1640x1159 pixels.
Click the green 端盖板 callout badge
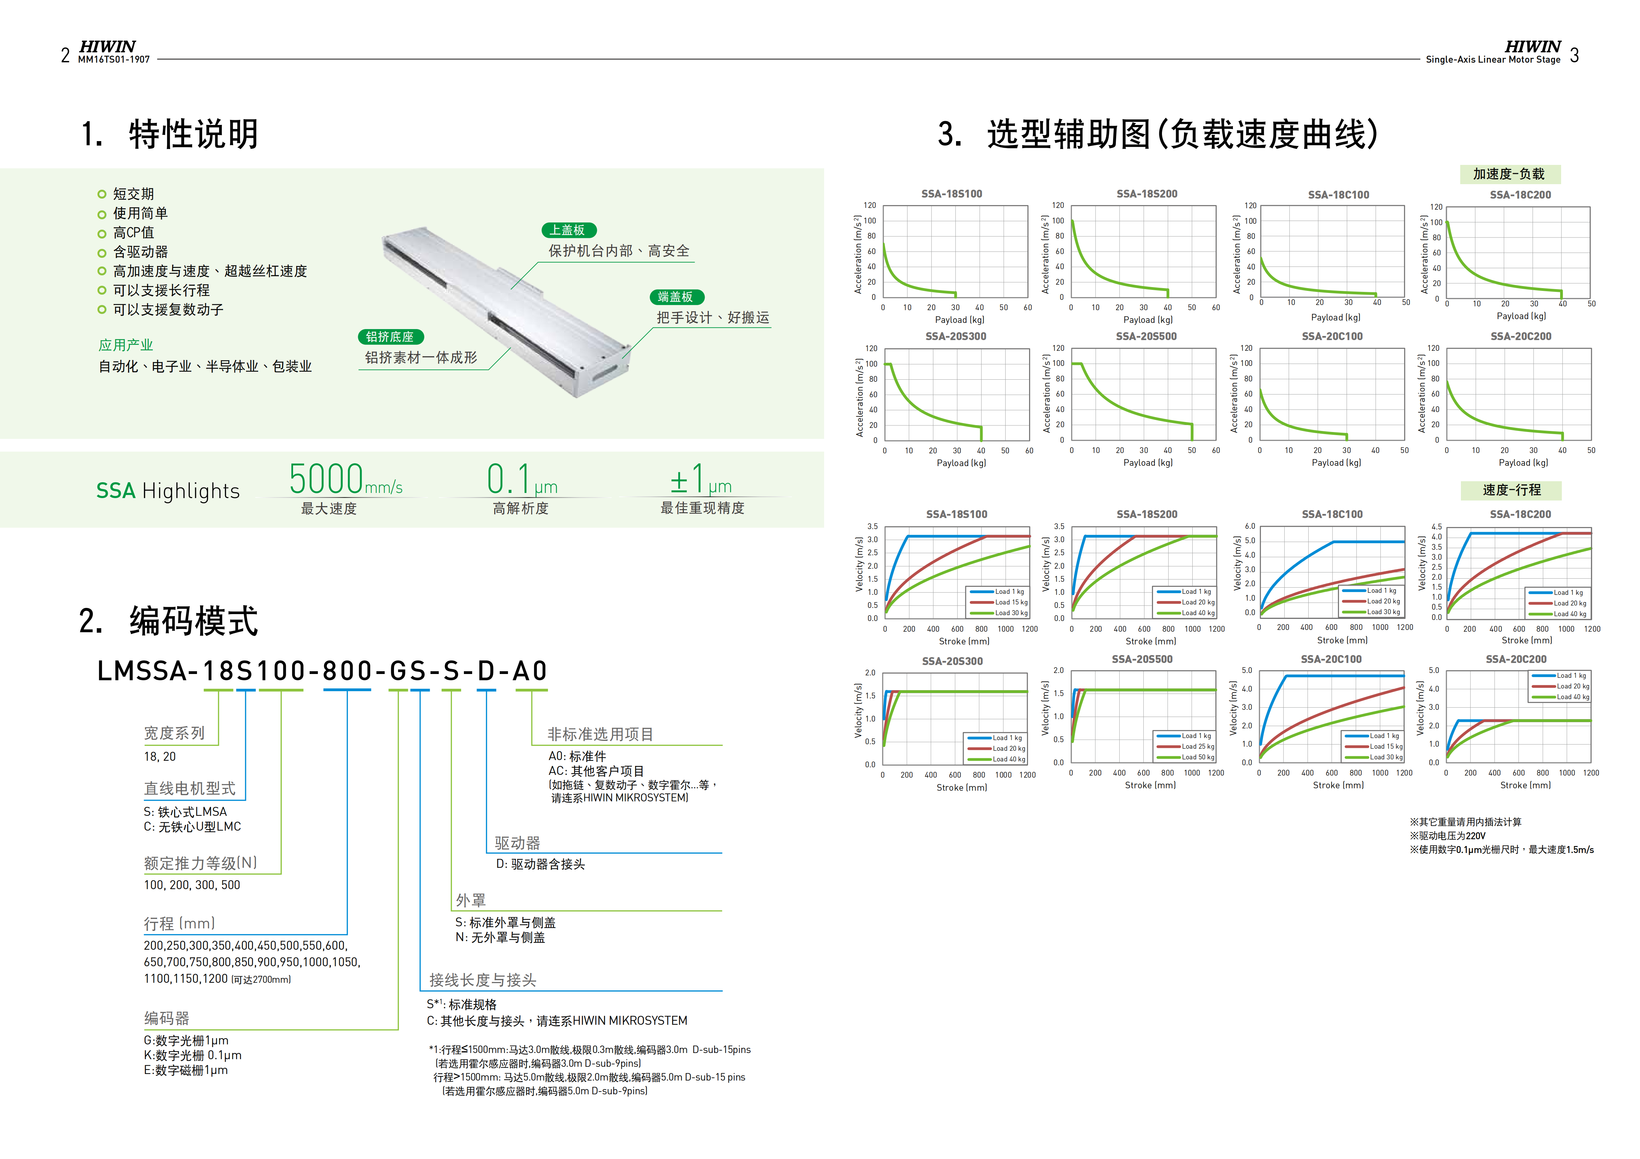point(676,297)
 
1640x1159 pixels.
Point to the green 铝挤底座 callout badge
point(390,337)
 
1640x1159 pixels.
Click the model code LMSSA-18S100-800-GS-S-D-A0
point(322,671)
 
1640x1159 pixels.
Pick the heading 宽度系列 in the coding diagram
point(174,734)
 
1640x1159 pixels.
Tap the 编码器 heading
point(166,1018)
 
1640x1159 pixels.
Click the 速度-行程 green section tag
point(1511,490)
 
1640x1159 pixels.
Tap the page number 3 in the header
point(1574,56)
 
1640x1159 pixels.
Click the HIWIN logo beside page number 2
point(107,46)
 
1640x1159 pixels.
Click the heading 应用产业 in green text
point(126,345)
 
